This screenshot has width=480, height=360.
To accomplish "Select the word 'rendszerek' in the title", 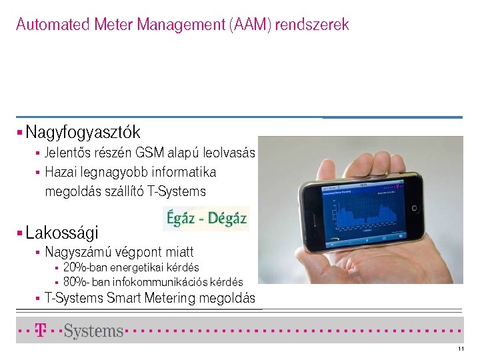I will click(x=312, y=25).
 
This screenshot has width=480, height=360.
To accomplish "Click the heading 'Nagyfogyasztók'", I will click(x=83, y=132).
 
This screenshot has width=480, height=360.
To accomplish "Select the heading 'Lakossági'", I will click(x=62, y=233).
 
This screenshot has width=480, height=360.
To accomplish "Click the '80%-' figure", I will click(x=74, y=282).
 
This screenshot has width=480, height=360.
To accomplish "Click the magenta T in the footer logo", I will click(x=41, y=330).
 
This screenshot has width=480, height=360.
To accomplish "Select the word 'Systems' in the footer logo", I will click(x=93, y=331).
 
